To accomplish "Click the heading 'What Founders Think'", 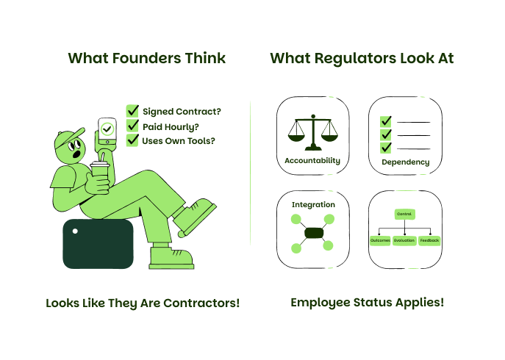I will pyautogui.click(x=146, y=58).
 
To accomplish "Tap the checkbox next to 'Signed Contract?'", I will pyautogui.click(x=133, y=111).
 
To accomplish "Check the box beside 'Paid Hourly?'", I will pyautogui.click(x=133, y=126).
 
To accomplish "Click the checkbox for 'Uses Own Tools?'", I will pyautogui.click(x=133, y=140).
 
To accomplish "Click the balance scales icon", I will pyautogui.click(x=312, y=132).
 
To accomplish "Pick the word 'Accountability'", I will pyautogui.click(x=312, y=160).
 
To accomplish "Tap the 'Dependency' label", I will pyautogui.click(x=405, y=162).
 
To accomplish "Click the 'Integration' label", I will pyautogui.click(x=313, y=204).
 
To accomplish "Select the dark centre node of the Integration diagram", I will pyautogui.click(x=313, y=234).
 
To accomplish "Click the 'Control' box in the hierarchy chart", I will pyautogui.click(x=404, y=214).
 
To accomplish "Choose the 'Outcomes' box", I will pyautogui.click(x=380, y=240).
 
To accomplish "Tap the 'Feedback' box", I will pyautogui.click(x=429, y=240).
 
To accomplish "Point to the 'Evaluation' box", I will pyautogui.click(x=404, y=240).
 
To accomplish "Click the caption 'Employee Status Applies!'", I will pyautogui.click(x=367, y=302).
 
